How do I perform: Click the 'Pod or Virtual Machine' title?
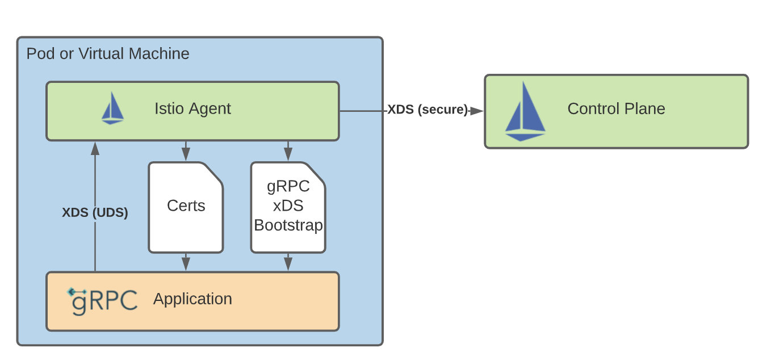[x=108, y=54]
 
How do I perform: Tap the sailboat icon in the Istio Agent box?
[x=112, y=109]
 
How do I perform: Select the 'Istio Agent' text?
[x=192, y=108]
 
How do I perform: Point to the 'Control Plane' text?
[x=616, y=108]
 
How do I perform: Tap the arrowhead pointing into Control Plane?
[x=477, y=111]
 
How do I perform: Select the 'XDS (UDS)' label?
[x=95, y=213]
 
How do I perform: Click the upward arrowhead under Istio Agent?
[x=95, y=148]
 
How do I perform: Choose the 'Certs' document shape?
[x=186, y=206]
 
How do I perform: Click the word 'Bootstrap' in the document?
[x=288, y=225]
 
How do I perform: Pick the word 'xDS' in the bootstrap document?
[x=288, y=206]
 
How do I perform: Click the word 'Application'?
[x=192, y=299]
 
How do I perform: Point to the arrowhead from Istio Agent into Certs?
[x=186, y=155]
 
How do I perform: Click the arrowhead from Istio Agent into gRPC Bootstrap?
[x=288, y=155]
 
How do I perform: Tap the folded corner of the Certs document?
[x=213, y=173]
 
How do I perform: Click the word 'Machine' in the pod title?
[x=158, y=54]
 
